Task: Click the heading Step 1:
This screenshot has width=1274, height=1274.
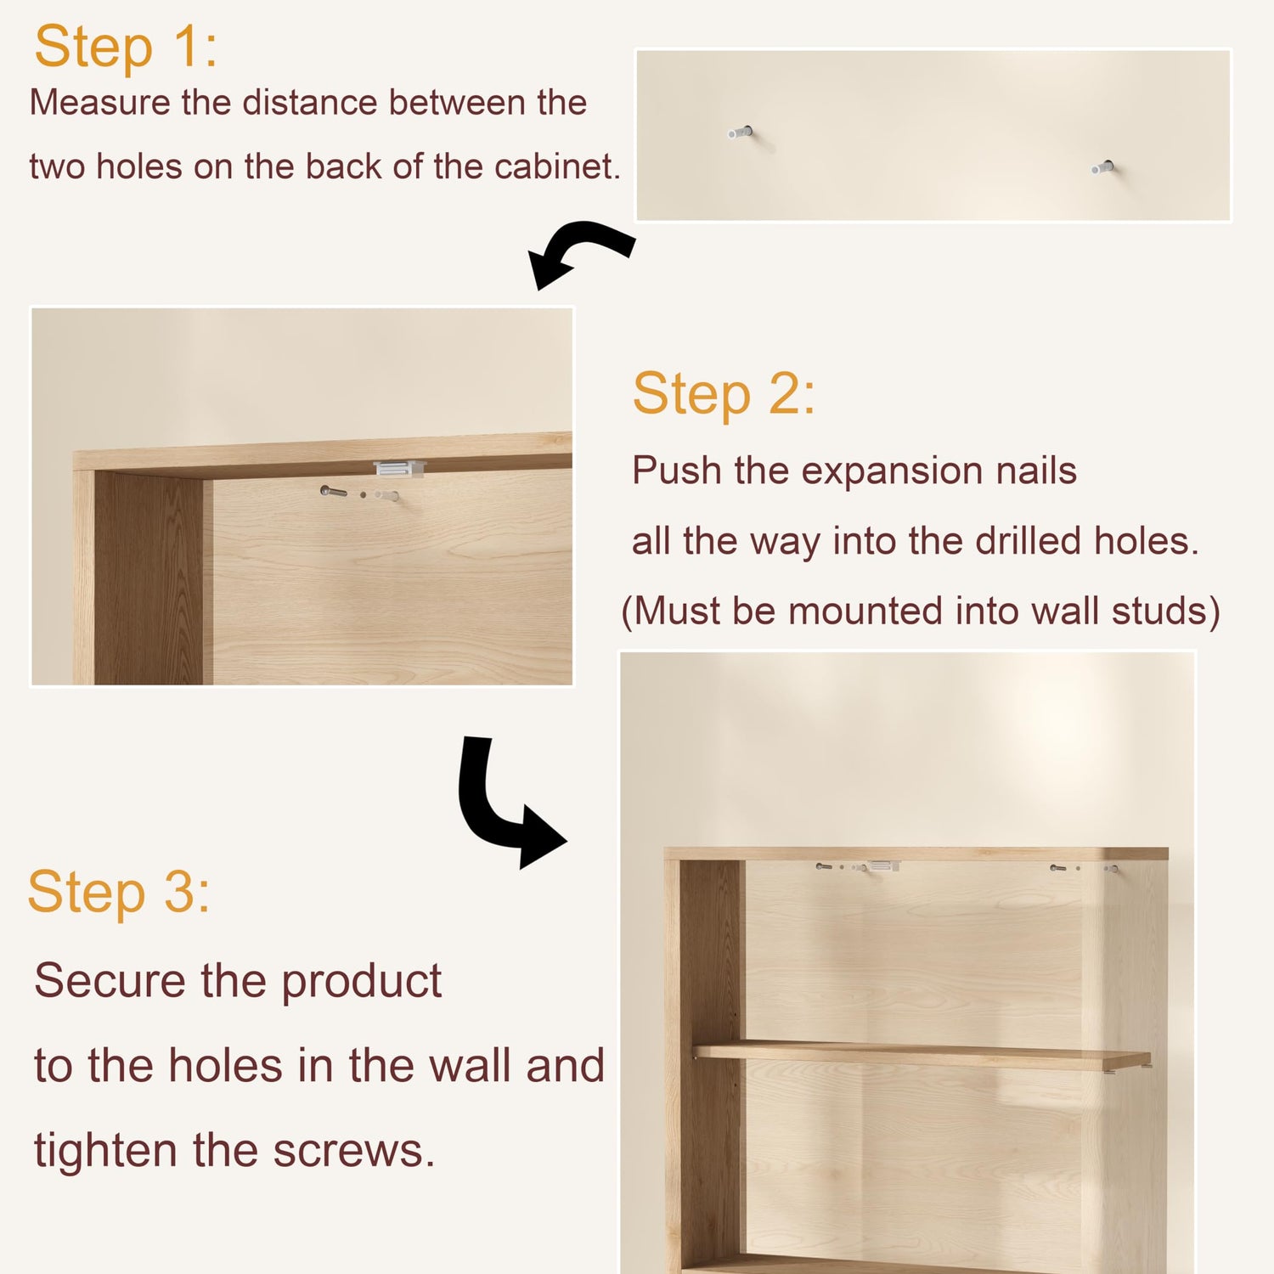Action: coord(126,47)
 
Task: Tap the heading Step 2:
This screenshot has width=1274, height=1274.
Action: coord(724,394)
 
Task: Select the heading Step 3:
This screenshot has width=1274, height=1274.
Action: coord(119,893)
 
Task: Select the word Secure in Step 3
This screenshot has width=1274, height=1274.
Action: coord(110,981)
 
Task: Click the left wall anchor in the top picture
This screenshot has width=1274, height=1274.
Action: coord(741,132)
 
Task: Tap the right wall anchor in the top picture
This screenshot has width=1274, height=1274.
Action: coord(1103,167)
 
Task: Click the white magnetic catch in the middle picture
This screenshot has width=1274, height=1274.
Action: coord(398,468)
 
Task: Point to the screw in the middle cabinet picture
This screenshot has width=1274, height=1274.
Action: coord(333,491)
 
